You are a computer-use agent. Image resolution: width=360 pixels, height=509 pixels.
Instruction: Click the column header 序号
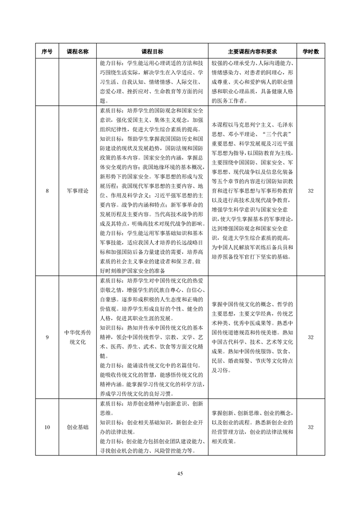pyautogui.click(x=47, y=52)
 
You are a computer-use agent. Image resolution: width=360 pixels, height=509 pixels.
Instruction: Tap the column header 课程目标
pyautogui.click(x=153, y=52)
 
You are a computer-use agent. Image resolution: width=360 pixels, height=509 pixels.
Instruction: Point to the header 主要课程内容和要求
pyautogui.click(x=252, y=52)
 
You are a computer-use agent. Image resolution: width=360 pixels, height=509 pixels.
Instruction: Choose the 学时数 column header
pyautogui.click(x=311, y=52)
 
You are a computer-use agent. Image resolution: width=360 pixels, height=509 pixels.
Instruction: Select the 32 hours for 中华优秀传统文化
pyautogui.click(x=311, y=337)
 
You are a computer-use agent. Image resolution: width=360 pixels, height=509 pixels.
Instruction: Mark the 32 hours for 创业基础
pyautogui.click(x=311, y=427)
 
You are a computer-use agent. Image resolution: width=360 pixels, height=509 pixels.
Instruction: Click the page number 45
pyautogui.click(x=180, y=474)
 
